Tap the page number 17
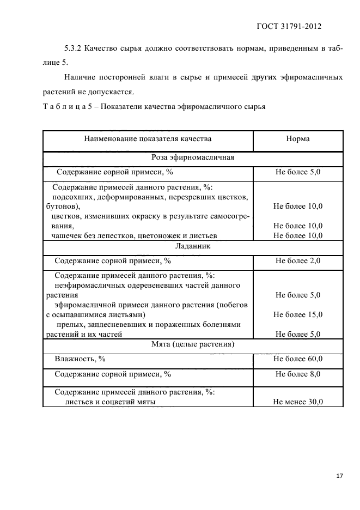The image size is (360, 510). click(339, 476)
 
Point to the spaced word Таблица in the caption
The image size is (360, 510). click(65, 106)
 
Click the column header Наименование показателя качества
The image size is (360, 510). click(148, 139)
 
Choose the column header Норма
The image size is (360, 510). click(297, 139)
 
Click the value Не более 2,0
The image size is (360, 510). click(297, 261)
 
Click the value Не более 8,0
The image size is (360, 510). click(297, 374)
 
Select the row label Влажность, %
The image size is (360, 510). click(80, 359)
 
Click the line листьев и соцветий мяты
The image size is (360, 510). click(111, 402)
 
